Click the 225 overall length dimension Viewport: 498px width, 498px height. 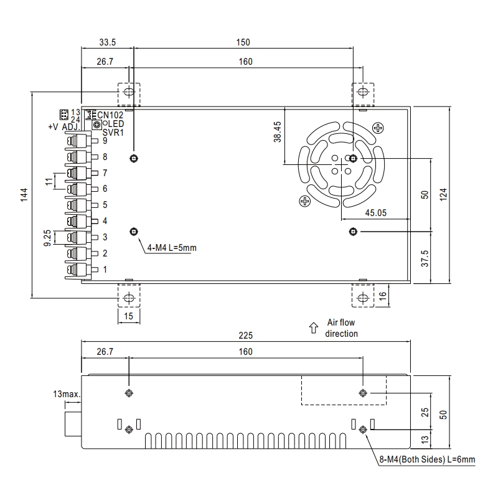click(x=246, y=335)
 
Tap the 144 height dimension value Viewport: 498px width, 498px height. click(x=23, y=195)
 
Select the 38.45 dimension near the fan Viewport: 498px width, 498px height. click(x=277, y=132)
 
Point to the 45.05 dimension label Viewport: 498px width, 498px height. click(x=375, y=212)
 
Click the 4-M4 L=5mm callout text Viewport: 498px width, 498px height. click(x=172, y=248)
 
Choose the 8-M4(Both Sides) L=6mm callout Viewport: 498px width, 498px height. click(x=427, y=460)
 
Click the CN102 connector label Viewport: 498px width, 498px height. click(x=110, y=115)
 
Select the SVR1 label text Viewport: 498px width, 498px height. click(x=113, y=132)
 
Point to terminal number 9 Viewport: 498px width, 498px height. click(x=105, y=141)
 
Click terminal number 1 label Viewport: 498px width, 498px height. click(x=105, y=270)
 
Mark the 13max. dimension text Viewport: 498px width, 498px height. click(x=67, y=394)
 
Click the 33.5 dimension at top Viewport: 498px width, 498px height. click(x=108, y=42)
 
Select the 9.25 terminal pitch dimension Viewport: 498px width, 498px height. click(x=47, y=237)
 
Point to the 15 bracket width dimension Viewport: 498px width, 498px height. click(x=129, y=316)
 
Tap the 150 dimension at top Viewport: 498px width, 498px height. click(x=243, y=42)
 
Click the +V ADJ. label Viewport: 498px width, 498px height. click(x=63, y=127)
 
